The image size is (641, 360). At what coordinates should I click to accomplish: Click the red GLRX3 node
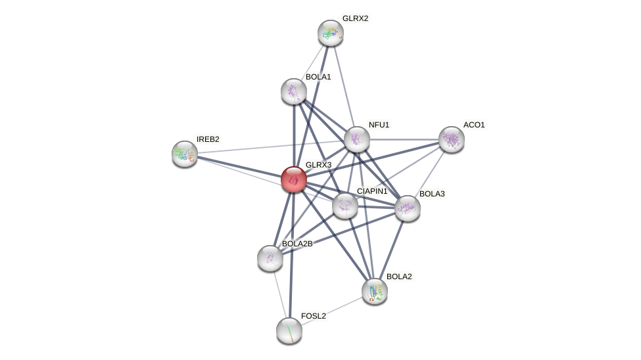tap(294, 179)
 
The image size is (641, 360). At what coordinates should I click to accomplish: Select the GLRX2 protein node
tap(331, 33)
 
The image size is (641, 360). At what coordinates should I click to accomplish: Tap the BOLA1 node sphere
tap(294, 91)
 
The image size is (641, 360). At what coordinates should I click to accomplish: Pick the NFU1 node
tap(357, 139)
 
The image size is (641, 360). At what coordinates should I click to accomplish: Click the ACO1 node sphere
tap(452, 139)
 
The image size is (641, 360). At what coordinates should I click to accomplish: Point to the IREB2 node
tap(185, 154)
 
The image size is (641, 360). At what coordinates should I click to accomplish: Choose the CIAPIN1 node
tap(345, 206)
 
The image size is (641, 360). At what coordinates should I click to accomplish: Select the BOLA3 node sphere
tap(408, 208)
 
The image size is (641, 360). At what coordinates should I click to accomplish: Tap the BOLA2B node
tap(270, 258)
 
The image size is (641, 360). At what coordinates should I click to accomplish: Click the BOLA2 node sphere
tap(375, 291)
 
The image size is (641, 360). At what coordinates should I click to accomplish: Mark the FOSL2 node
tap(289, 330)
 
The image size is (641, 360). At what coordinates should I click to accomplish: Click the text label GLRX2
tap(355, 18)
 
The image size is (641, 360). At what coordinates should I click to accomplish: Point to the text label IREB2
tap(208, 139)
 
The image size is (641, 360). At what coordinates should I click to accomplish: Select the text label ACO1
tap(474, 125)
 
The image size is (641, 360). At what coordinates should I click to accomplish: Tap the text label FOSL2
tap(314, 316)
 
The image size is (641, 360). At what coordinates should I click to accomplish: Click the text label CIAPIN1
tap(372, 191)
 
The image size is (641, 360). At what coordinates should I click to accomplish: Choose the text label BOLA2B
tap(297, 244)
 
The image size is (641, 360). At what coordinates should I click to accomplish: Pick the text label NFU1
tap(379, 125)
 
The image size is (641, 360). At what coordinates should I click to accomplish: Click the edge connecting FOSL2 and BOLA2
tap(332, 311)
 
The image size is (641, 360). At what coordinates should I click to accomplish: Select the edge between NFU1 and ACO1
tap(404, 139)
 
